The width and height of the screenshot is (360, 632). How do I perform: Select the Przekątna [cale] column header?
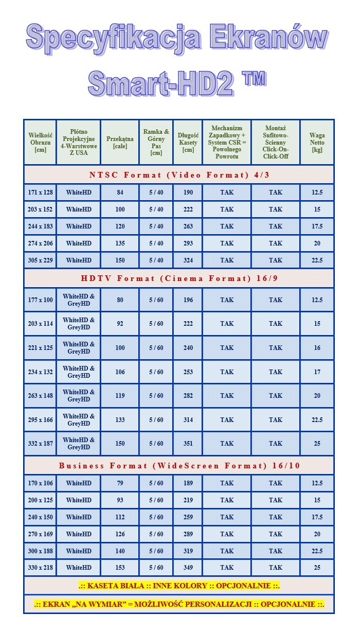click(x=120, y=143)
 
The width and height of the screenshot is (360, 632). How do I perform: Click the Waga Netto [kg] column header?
click(x=317, y=143)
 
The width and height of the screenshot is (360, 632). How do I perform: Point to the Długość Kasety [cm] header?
click(x=188, y=143)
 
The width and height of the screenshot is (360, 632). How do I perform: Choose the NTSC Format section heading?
click(x=179, y=175)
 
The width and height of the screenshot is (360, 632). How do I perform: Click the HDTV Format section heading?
click(x=179, y=278)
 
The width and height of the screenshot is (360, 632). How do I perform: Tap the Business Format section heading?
click(x=179, y=466)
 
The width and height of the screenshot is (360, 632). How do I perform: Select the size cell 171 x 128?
click(x=40, y=192)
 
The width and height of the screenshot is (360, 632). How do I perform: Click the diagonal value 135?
click(x=120, y=243)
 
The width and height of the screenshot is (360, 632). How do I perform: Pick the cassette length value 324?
click(x=188, y=260)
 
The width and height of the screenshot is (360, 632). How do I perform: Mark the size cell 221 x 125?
click(x=40, y=348)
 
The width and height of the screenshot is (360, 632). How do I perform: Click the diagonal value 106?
click(x=120, y=372)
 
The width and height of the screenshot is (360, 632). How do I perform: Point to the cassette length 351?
click(x=188, y=444)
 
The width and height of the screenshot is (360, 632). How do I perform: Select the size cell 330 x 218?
click(x=40, y=568)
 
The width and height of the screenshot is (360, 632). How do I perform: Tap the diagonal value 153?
click(x=120, y=568)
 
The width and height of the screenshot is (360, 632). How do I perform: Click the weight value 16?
click(x=317, y=348)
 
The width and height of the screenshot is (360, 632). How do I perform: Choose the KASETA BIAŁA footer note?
click(x=179, y=586)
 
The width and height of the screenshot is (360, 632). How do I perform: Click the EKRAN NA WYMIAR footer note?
click(x=179, y=604)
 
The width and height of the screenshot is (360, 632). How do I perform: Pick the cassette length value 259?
click(x=188, y=517)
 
